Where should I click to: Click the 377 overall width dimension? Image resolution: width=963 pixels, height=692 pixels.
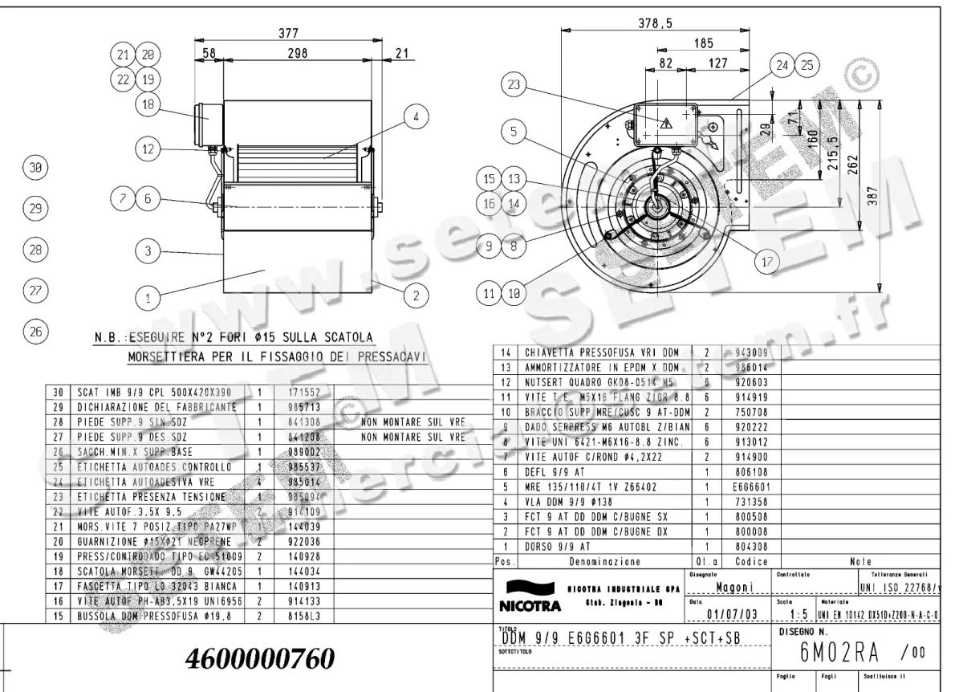[x=288, y=34]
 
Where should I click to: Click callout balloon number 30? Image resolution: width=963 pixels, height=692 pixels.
[x=35, y=169]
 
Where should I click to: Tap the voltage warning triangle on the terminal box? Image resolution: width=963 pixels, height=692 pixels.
[x=665, y=123]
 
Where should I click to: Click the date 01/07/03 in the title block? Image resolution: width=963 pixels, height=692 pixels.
[x=731, y=615]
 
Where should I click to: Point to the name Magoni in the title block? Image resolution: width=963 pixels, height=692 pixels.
[x=732, y=588]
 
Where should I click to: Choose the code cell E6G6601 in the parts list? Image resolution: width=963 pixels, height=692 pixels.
[x=751, y=486]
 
